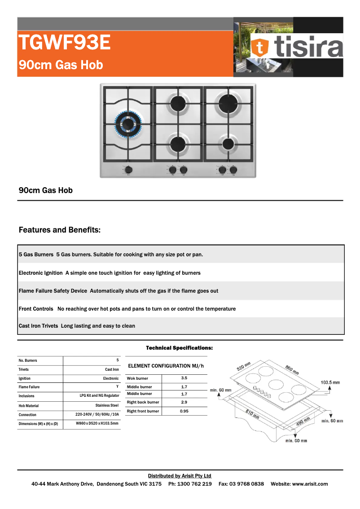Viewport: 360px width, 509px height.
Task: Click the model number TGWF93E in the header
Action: point(64,43)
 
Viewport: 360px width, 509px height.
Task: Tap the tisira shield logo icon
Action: point(260,46)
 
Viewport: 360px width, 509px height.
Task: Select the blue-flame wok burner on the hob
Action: point(128,123)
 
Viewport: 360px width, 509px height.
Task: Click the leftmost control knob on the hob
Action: point(129,170)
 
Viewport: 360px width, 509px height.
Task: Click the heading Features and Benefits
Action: point(60,230)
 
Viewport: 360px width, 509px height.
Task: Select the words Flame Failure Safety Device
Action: point(53,291)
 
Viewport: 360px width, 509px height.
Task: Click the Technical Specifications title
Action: point(179,348)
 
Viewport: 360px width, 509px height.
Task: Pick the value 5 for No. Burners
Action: point(118,360)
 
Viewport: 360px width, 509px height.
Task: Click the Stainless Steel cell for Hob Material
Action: point(107,405)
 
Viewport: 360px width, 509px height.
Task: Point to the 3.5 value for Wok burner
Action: point(184,378)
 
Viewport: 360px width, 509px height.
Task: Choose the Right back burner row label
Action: point(143,402)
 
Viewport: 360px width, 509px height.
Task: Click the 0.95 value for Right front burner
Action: point(184,411)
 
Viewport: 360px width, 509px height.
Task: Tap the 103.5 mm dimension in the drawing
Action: point(330,382)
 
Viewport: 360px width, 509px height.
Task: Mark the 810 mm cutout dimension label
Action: point(252,413)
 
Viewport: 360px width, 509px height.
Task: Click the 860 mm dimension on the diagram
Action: point(291,370)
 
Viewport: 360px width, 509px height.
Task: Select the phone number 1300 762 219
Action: point(196,484)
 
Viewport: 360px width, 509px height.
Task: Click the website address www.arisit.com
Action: point(310,484)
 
